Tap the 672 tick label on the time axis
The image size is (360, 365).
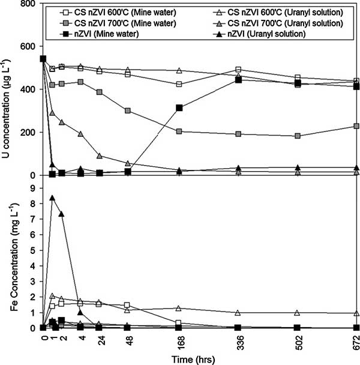coord(357,342)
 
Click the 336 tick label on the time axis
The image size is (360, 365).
coord(239,342)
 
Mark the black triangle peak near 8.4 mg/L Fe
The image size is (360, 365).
coord(53,198)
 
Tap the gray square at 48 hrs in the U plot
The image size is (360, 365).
coord(127,111)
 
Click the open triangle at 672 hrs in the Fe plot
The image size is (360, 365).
coord(356,313)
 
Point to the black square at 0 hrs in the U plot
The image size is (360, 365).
coord(43,59)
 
